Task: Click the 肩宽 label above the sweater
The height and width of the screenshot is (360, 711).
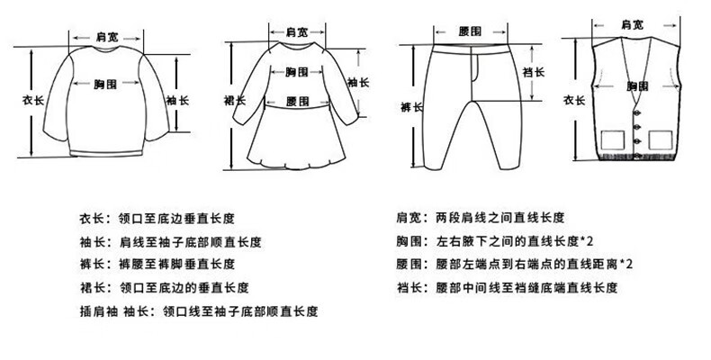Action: click(x=106, y=37)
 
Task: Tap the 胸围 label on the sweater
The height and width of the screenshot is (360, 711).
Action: click(x=105, y=84)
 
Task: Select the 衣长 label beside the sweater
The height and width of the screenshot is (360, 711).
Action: click(x=32, y=100)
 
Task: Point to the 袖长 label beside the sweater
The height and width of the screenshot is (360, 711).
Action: click(x=177, y=100)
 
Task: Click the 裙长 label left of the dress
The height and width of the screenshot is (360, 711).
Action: click(x=235, y=100)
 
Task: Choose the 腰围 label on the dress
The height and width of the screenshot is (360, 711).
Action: click(x=298, y=102)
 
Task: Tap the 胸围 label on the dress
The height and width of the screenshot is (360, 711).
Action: click(x=297, y=72)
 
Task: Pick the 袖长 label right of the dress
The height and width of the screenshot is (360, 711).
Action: click(x=358, y=82)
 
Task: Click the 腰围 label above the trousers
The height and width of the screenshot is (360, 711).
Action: click(x=470, y=31)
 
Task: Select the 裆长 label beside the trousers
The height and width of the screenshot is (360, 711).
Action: click(x=534, y=72)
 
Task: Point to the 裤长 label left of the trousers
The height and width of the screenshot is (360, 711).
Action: click(x=411, y=107)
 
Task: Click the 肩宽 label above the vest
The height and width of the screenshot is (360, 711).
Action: click(x=632, y=24)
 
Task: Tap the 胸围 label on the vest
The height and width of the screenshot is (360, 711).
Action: click(x=637, y=86)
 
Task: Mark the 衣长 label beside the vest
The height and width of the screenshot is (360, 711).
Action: click(x=574, y=100)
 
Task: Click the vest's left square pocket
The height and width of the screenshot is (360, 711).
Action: click(x=613, y=140)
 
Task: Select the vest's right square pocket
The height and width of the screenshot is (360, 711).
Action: click(x=661, y=140)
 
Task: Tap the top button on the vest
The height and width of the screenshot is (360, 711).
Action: click(x=637, y=113)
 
